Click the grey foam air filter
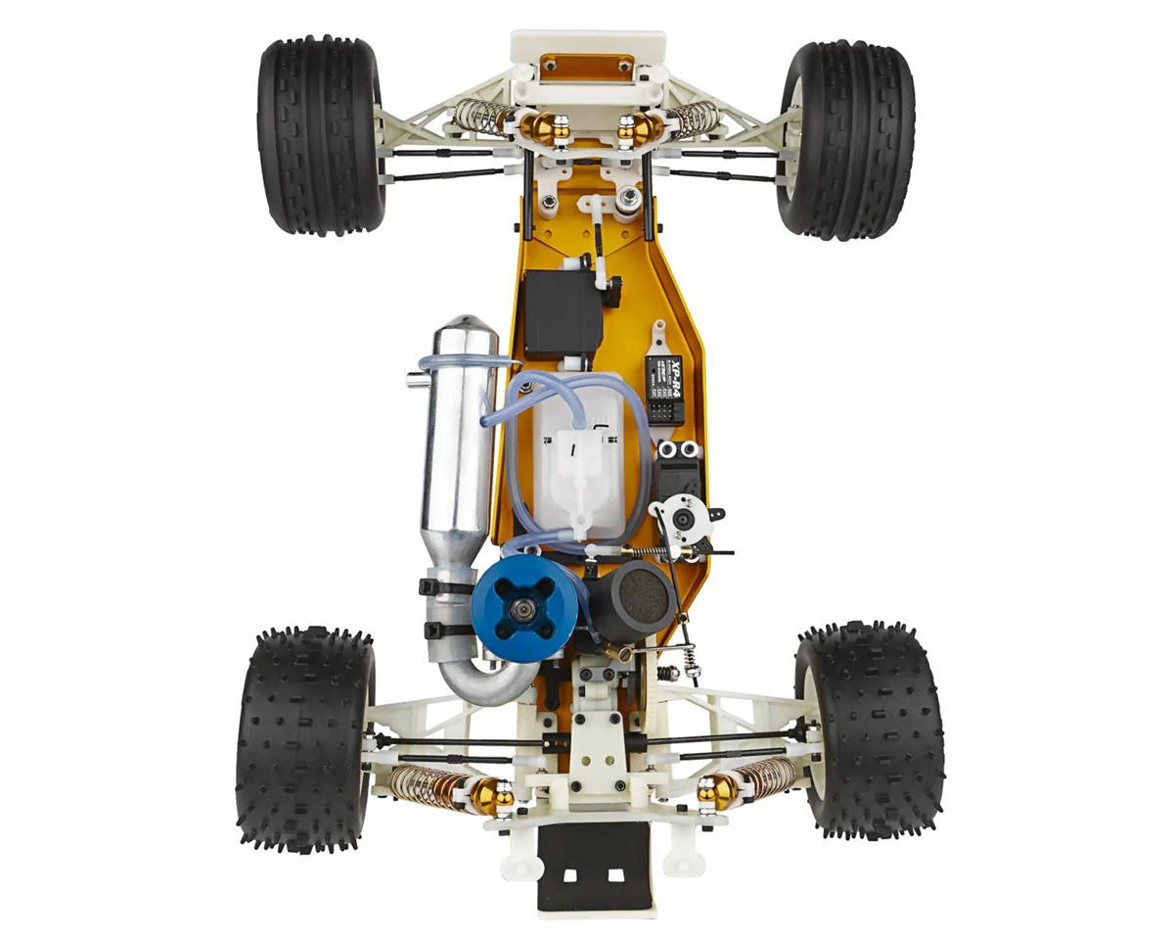tap(641, 595)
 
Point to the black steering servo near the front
tap(563, 311)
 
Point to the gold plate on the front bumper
tap(588, 67)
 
